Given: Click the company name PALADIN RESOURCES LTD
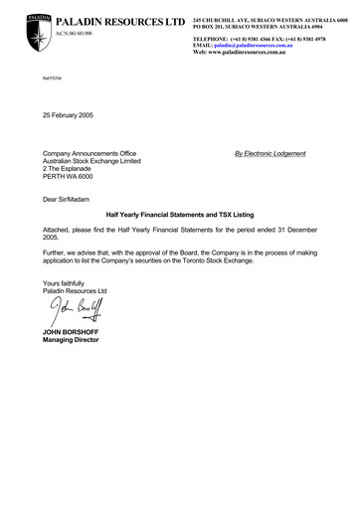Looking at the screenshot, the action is [120, 21].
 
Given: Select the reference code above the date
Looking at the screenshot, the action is [49, 91].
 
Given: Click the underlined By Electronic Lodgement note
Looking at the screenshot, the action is [270, 153].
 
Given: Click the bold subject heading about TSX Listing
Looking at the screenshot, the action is [180, 214].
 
